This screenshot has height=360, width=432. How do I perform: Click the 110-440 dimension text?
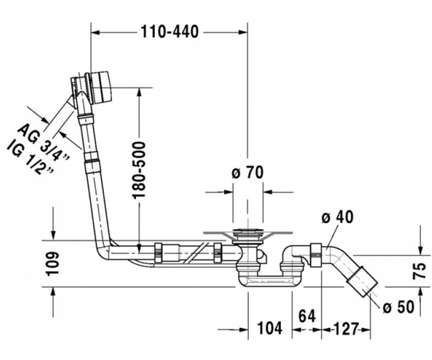[x=170, y=32]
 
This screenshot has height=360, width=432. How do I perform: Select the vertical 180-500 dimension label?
[x=139, y=170]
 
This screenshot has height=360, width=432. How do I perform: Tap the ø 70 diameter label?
[x=247, y=172]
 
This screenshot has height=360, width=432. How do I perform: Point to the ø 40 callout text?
[x=337, y=217]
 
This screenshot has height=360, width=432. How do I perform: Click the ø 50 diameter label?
[x=399, y=307]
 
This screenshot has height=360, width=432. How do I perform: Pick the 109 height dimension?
[x=52, y=264]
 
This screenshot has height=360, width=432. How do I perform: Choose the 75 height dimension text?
[x=419, y=271]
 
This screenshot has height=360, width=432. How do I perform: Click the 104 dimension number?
[x=270, y=328]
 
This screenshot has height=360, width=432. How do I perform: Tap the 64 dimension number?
[x=307, y=316]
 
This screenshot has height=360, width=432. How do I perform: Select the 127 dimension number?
[x=346, y=329]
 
